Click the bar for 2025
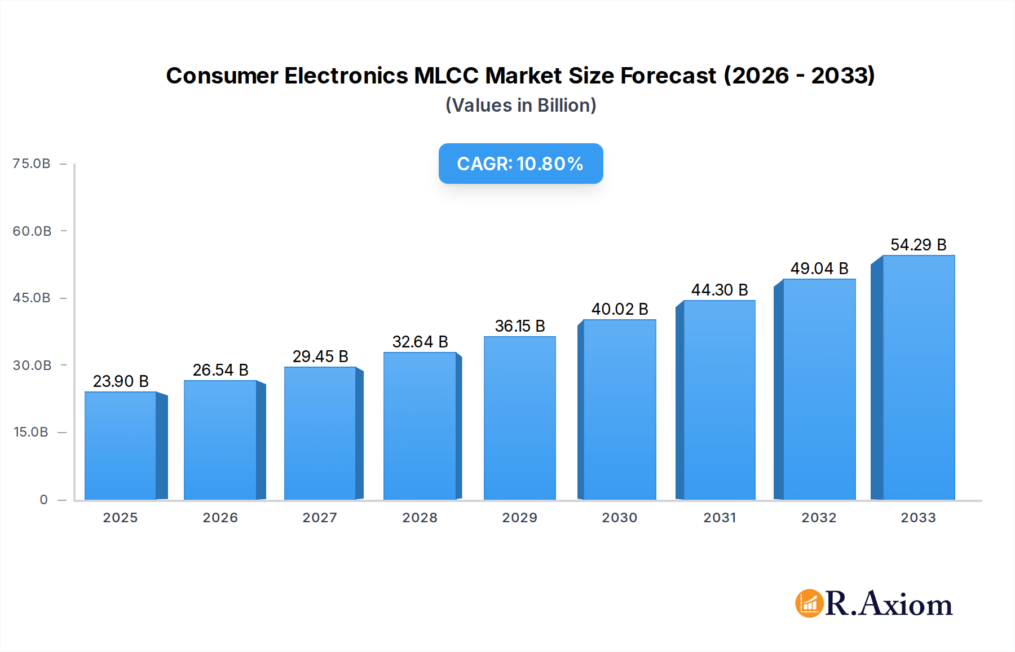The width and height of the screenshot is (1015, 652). tap(121, 446)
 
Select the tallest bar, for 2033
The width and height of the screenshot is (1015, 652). tap(918, 378)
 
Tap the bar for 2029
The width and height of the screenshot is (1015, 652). tap(519, 418)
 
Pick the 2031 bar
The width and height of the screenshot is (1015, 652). tap(719, 400)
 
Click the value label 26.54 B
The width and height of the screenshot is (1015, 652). tap(220, 370)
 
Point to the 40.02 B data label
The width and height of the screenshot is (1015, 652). tap(620, 309)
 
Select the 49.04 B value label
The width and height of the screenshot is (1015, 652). tap(819, 268)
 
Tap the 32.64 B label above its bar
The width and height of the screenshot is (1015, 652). tap(420, 342)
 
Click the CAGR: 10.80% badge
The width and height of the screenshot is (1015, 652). tap(520, 164)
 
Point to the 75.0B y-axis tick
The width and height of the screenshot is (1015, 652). tap(32, 164)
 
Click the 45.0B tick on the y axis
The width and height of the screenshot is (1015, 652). tap(32, 298)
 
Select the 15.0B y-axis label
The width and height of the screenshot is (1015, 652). tap(31, 432)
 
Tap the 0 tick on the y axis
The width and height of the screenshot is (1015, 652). tap(43, 500)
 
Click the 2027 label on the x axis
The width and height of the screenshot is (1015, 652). tap(320, 518)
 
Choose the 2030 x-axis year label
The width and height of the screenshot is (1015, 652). tap(619, 518)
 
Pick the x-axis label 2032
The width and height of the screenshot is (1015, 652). tap(819, 518)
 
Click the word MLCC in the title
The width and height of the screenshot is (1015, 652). tap(446, 76)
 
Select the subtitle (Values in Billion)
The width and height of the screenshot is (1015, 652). tap(520, 105)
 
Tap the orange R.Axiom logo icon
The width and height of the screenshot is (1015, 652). tap(809, 603)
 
